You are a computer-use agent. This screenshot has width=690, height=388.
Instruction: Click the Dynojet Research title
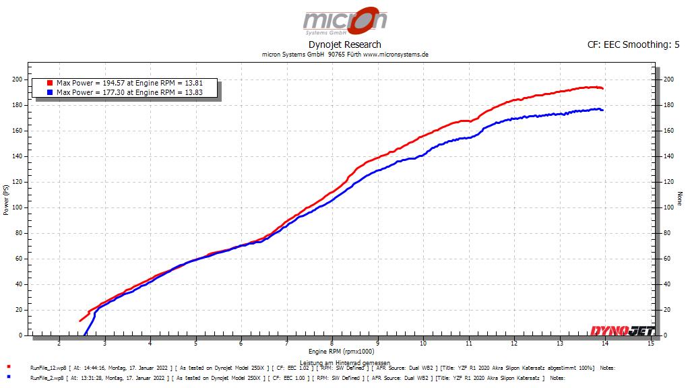344,44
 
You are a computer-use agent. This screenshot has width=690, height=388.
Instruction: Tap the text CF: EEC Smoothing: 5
633,44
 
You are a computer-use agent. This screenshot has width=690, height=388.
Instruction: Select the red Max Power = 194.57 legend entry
128,83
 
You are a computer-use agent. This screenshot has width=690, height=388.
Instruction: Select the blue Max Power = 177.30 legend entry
128,92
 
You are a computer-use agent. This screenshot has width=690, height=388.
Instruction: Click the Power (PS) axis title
6,199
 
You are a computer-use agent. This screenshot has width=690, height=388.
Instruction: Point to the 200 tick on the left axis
18,79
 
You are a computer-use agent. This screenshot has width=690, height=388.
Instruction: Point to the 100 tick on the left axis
18,207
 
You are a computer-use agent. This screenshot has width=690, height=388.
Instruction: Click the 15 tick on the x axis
650,344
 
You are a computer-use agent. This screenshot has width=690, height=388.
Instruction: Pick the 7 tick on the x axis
287,344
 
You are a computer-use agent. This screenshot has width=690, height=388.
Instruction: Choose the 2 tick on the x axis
59,344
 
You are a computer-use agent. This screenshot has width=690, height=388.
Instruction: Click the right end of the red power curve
602,88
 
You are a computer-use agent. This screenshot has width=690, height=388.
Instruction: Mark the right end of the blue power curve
602,110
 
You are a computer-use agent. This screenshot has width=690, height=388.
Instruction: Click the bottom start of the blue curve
85,334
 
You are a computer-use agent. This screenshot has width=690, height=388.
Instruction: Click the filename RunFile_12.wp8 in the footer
46,368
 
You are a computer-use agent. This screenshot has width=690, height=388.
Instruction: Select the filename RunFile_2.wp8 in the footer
45,378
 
